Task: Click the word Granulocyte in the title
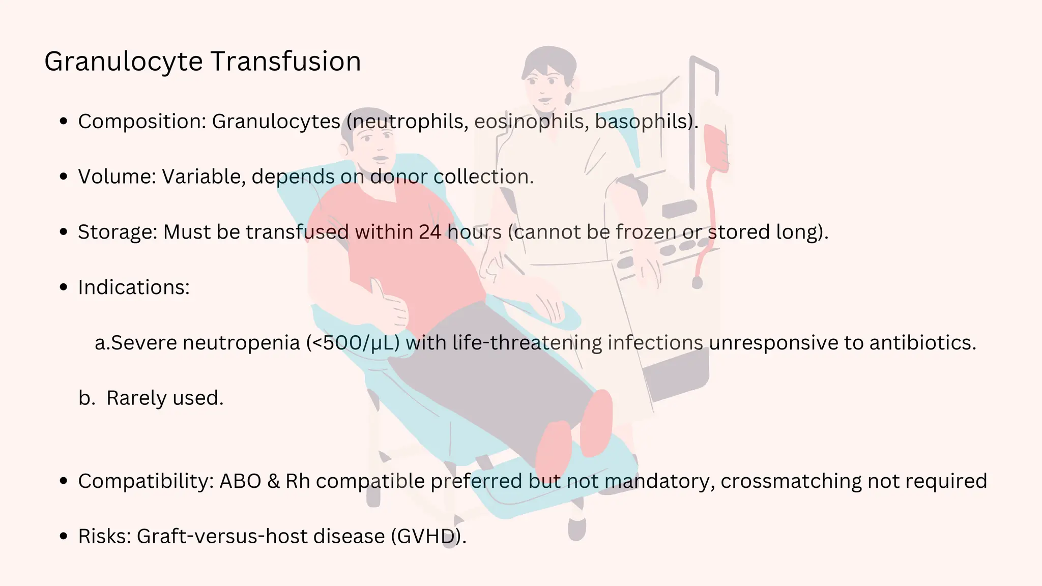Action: pos(124,62)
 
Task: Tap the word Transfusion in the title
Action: pos(285,62)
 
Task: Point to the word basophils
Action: pos(642,122)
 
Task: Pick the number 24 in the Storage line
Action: pos(430,232)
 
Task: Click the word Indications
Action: pos(133,287)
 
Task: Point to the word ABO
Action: pos(240,481)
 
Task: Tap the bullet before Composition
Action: pos(64,122)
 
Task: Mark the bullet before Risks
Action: pos(64,537)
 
